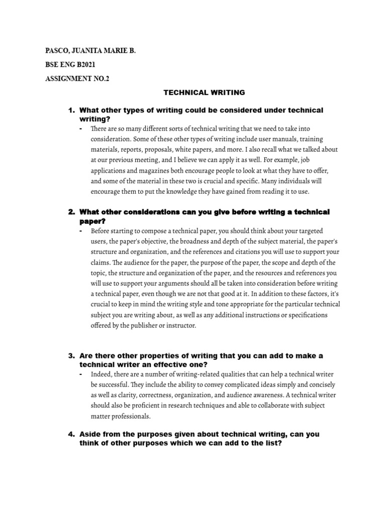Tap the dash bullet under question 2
pyautogui.click(x=81, y=230)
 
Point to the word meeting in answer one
pyautogui.click(x=145, y=160)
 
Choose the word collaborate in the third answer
pyautogui.click(x=267, y=406)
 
